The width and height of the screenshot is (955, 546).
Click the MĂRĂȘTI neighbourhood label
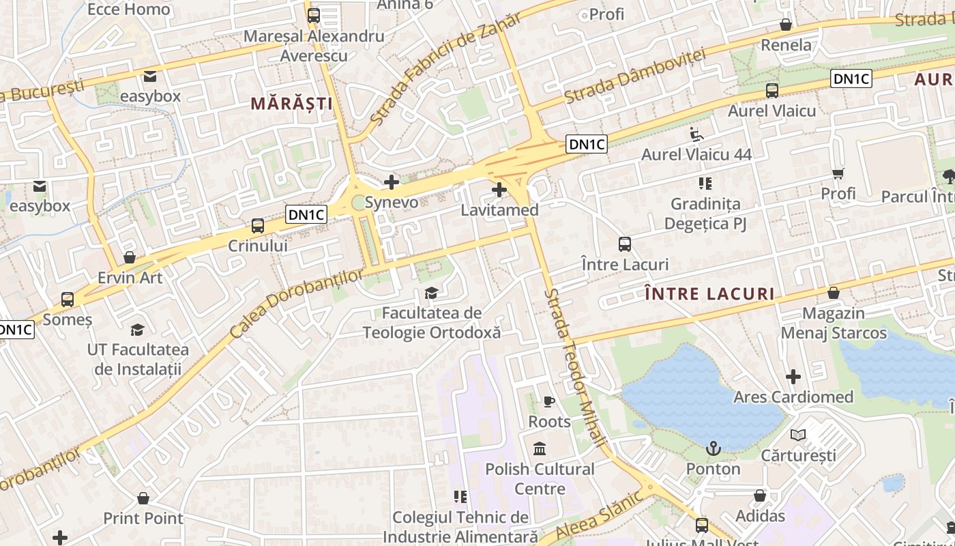(291, 104)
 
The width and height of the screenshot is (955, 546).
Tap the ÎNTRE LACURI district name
(709, 294)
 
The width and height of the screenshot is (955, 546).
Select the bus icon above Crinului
(257, 225)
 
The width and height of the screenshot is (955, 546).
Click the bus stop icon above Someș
(67, 299)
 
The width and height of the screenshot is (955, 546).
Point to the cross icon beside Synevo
(391, 182)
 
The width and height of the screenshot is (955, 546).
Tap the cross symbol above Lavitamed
(499, 189)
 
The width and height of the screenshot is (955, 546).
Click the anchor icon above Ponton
(713, 448)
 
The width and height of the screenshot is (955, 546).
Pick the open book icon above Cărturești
(797, 435)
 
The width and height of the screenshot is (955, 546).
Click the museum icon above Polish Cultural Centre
(540, 449)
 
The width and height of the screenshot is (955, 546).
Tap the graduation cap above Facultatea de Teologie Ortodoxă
(431, 293)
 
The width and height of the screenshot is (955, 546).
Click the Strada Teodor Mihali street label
(576, 369)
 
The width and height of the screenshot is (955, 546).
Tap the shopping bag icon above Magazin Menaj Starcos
(833, 293)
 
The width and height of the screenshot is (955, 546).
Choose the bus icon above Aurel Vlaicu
(772, 90)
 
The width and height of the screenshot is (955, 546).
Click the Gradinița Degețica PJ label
(705, 213)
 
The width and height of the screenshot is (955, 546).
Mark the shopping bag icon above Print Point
(143, 498)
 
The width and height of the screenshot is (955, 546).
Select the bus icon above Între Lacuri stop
(624, 244)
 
